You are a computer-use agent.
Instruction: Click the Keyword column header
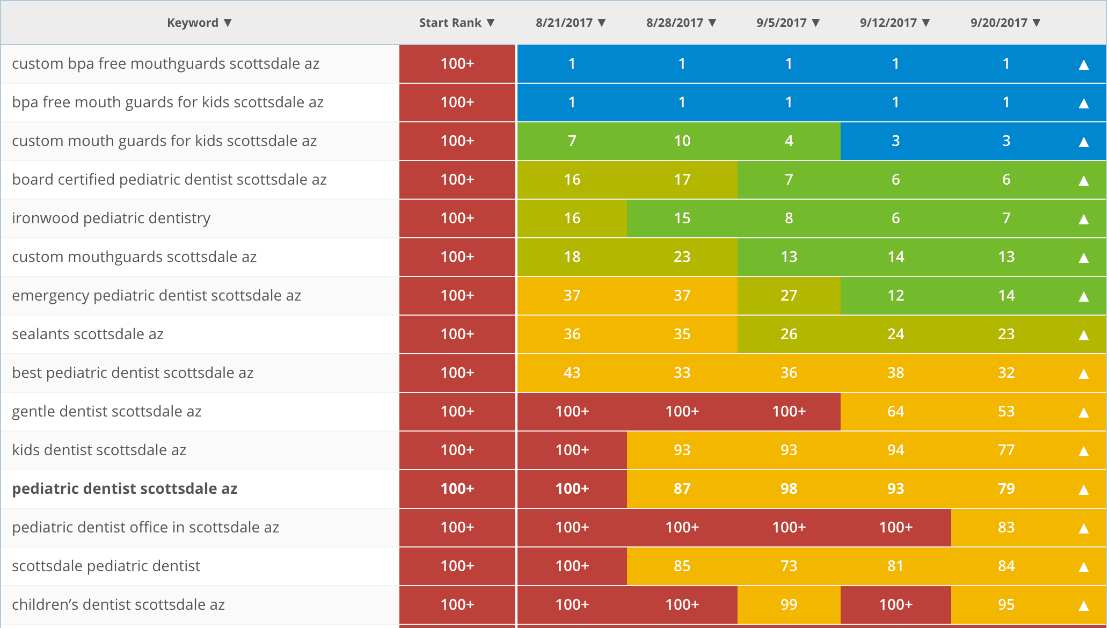193,23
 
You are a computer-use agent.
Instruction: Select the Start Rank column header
450,23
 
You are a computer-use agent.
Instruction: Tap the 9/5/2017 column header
782,23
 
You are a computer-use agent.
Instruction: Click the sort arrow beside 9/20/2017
1037,23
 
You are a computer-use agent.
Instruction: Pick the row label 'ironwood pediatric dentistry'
111,218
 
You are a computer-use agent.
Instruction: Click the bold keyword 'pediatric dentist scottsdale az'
125,488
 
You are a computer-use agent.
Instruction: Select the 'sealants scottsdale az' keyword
87,334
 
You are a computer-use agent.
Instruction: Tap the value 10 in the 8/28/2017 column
682,141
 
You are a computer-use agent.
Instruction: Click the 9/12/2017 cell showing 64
895,411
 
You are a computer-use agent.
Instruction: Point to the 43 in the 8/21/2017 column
572,373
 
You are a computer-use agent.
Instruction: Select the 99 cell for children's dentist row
789,604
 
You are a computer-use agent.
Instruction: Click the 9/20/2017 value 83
1006,527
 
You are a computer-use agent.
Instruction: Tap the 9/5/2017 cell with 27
789,295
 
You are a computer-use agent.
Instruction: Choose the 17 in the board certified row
682,179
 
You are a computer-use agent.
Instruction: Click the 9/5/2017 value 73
789,566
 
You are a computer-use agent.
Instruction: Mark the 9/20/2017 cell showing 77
1006,450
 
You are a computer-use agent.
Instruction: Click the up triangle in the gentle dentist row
1083,412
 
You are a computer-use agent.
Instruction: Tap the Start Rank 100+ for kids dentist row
457,450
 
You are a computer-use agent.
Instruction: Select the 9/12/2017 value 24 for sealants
895,334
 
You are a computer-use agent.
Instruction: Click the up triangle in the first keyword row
1083,64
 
